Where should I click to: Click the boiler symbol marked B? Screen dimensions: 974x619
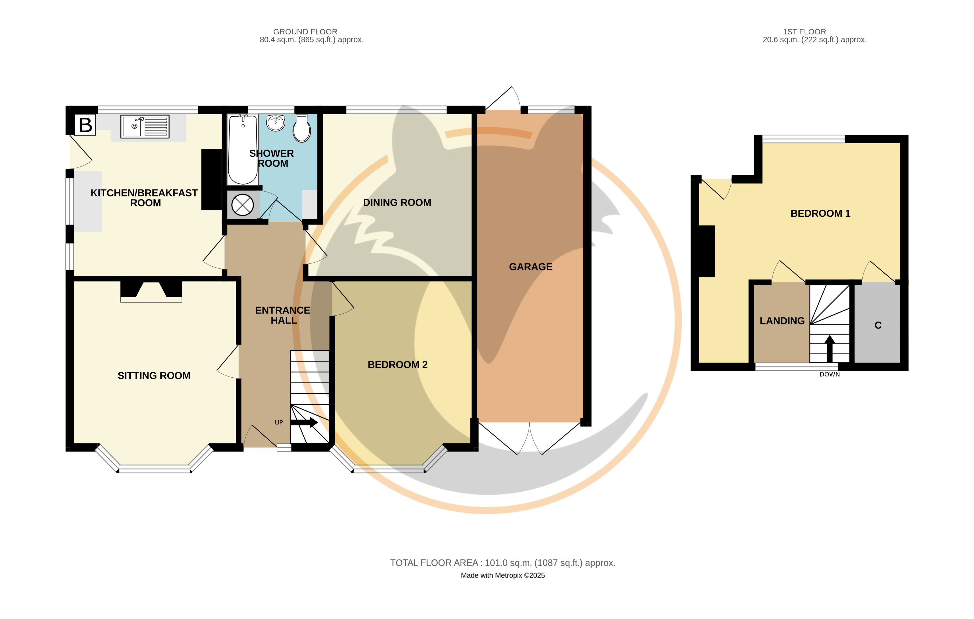click(x=85, y=125)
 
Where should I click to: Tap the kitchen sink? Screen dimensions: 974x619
click(x=145, y=127)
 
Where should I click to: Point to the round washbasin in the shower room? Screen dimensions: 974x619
click(x=276, y=123)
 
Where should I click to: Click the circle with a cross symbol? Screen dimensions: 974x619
click(x=242, y=205)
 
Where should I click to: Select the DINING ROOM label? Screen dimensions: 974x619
click(x=397, y=202)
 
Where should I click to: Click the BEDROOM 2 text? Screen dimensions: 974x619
click(x=397, y=364)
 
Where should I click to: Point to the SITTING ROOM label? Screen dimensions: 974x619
click(x=154, y=375)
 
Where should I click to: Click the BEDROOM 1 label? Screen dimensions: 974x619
click(x=820, y=213)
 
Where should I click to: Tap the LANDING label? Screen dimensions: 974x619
click(x=782, y=321)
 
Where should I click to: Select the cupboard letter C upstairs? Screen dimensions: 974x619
click(x=878, y=325)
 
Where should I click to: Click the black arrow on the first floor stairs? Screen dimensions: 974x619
click(x=830, y=348)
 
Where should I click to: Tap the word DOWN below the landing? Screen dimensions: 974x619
click(x=830, y=375)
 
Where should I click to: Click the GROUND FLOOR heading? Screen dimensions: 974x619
click(x=305, y=31)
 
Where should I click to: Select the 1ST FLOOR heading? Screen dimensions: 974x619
click(x=805, y=31)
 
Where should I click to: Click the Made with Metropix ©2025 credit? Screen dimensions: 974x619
click(x=503, y=575)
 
